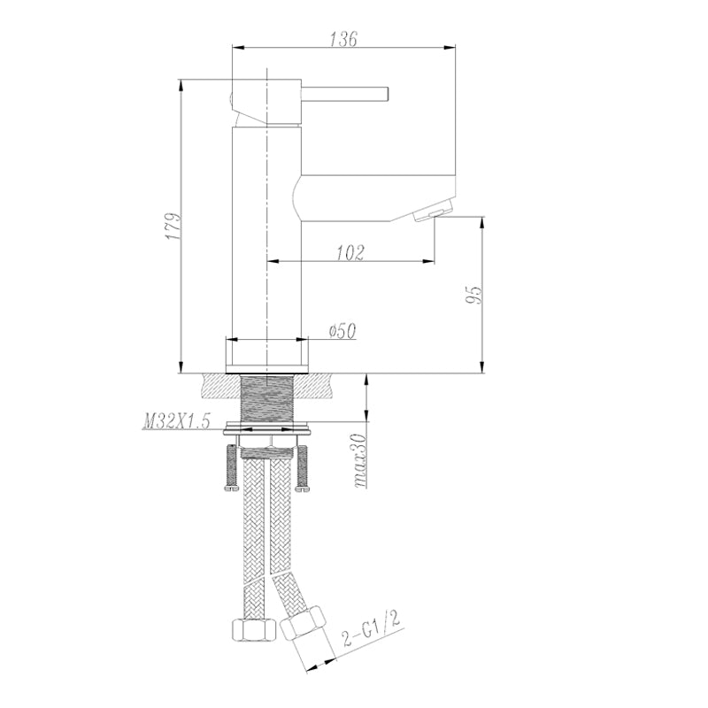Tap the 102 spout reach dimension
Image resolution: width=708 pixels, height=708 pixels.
[x=350, y=252]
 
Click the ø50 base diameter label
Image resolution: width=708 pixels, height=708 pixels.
[x=341, y=331]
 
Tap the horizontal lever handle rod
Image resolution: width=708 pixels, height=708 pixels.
[x=345, y=92]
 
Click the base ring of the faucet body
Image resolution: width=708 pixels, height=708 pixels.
[x=266, y=357]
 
